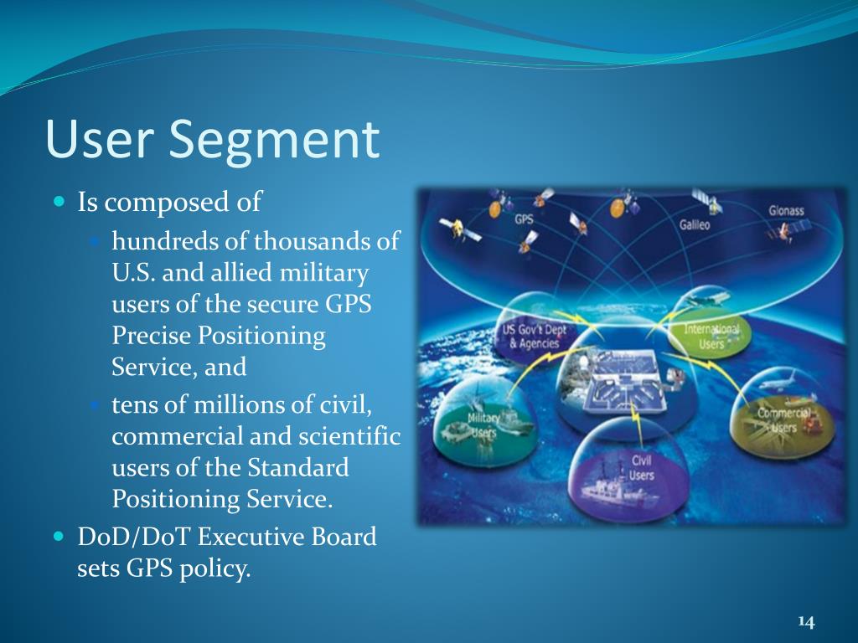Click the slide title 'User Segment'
coord(213,140)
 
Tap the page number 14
coord(806,621)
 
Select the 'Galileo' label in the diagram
coord(694,225)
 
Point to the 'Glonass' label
coord(787,210)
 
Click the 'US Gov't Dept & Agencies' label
coord(535,337)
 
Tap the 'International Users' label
coord(711,336)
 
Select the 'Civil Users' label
coord(642,468)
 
